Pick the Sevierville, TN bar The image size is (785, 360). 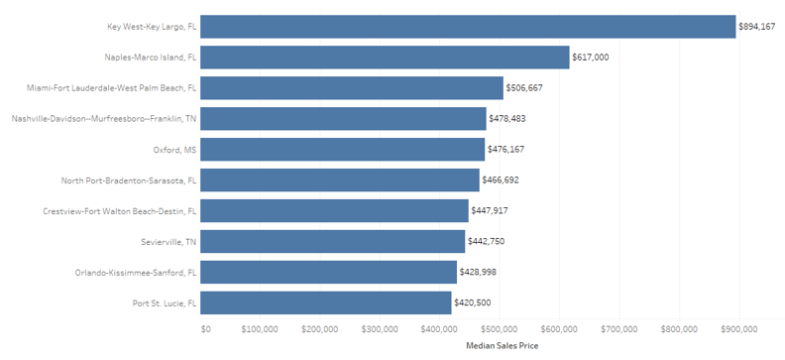333,241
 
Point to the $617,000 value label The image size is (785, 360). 591,58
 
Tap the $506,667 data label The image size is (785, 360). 524,88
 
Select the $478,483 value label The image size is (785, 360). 507,119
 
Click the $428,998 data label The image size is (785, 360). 479,272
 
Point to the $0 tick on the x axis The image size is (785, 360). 206,328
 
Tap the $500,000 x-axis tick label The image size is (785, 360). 499,328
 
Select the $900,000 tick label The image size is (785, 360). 738,328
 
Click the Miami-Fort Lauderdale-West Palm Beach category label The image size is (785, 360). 112,88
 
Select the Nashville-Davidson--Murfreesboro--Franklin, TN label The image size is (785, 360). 105,119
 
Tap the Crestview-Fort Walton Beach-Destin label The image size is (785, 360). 120,211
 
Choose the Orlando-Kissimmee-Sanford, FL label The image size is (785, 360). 135,272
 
